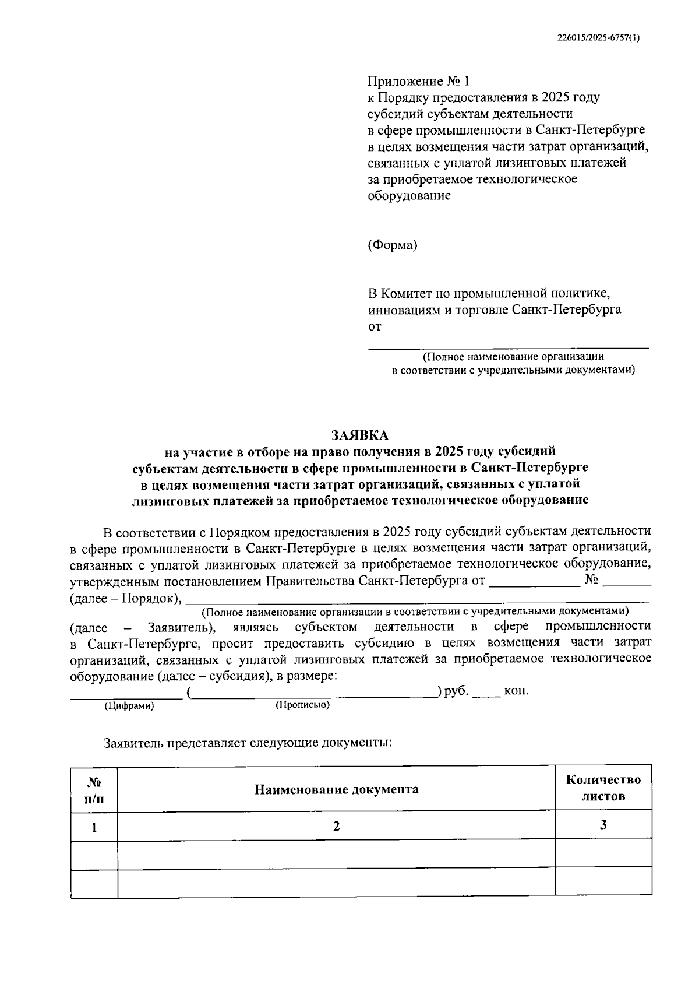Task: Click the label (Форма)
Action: click(392, 245)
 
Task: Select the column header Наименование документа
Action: click(336, 789)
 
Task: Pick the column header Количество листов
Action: click(603, 788)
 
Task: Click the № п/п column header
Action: click(94, 790)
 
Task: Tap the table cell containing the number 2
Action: click(336, 826)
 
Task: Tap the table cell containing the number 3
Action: click(603, 825)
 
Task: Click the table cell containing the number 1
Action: click(94, 827)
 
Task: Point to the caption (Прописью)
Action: click(302, 705)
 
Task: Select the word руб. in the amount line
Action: click(456, 691)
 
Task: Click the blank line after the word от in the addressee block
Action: click(508, 343)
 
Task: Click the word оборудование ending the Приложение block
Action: click(408, 195)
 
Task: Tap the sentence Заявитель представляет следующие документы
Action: click(248, 743)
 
